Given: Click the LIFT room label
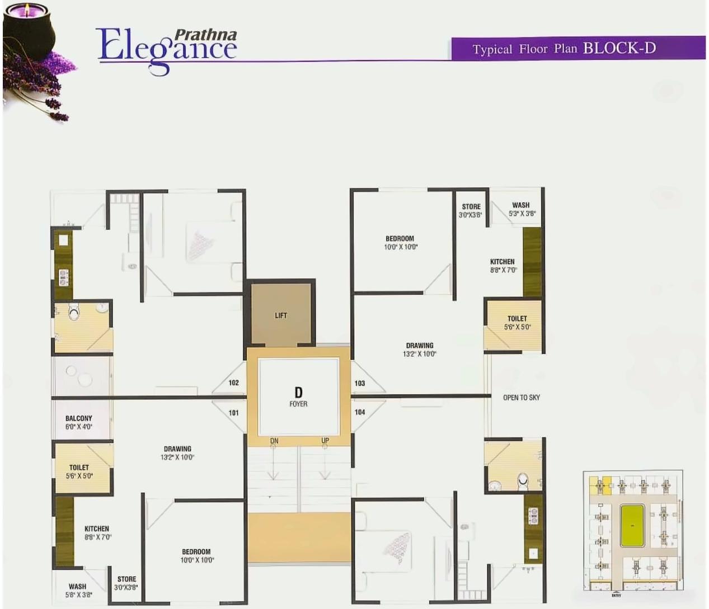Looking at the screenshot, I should coord(280,315).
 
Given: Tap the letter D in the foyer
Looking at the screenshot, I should coord(298,393).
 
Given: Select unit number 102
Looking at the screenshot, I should coord(234,383).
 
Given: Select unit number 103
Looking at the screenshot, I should coord(360,383).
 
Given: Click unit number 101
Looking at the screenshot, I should coord(234,413).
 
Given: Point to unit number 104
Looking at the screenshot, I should coord(360,412).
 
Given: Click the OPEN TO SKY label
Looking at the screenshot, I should coord(521,398).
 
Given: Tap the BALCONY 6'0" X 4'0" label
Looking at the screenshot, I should coord(78,422).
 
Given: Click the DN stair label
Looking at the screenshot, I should coord(274,441).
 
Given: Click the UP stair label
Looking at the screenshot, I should coord(325,441).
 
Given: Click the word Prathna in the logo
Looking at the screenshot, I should coord(205,35).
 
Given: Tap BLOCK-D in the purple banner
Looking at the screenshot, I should coord(619,48).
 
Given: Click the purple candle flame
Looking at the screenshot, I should coord(25,10).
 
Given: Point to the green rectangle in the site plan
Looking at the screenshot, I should coord(632,525).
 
